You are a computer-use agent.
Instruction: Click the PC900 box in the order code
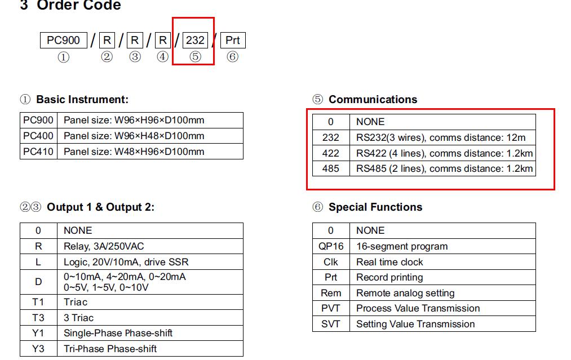(x=63, y=40)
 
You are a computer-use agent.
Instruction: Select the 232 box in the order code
(x=195, y=40)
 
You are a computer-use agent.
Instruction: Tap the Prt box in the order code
(x=233, y=40)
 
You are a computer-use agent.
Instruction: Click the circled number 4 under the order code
(x=162, y=57)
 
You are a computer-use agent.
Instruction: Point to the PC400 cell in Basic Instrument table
(x=38, y=136)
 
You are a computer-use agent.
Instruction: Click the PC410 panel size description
(x=134, y=152)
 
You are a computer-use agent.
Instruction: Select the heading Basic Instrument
(x=82, y=100)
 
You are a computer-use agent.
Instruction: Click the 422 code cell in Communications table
(x=331, y=153)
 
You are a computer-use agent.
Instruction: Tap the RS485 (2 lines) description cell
(x=444, y=168)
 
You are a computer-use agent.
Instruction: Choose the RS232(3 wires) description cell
(x=441, y=137)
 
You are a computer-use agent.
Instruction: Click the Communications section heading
(x=373, y=100)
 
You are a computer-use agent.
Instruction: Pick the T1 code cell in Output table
(x=38, y=302)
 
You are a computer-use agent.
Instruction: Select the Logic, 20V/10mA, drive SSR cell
(x=126, y=261)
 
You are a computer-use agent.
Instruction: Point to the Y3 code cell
(x=38, y=349)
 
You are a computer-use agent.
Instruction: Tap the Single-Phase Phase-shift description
(x=118, y=333)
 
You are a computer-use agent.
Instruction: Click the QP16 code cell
(x=331, y=246)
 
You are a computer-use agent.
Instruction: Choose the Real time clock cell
(x=389, y=262)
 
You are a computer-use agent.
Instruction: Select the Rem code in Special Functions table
(x=331, y=293)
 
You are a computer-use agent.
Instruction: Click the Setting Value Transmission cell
(x=415, y=324)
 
